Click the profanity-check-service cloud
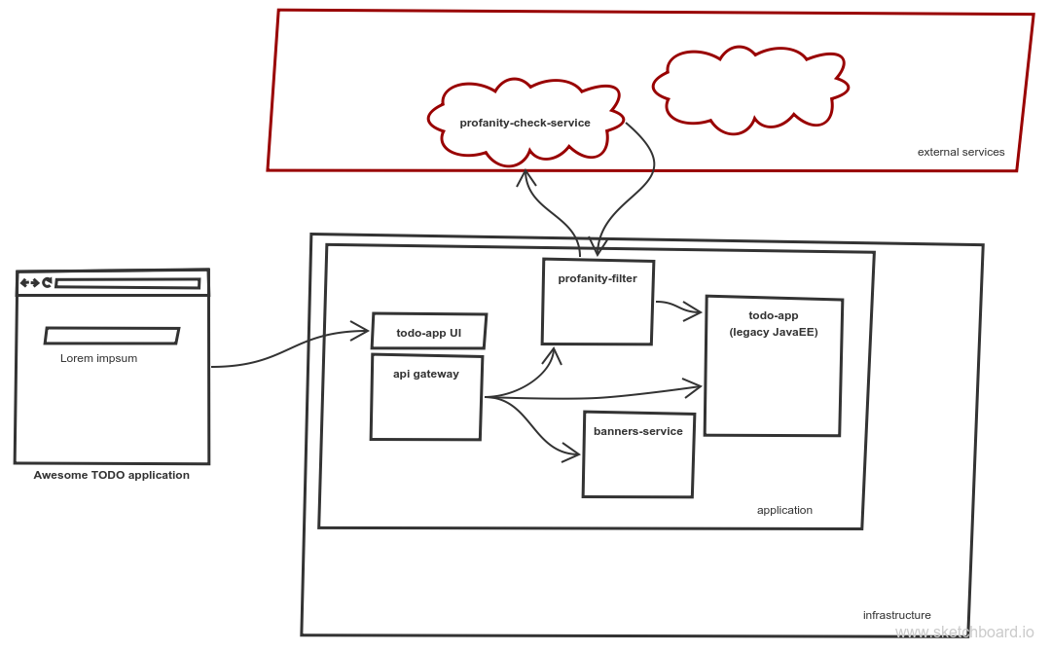(525, 123)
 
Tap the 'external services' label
(960, 152)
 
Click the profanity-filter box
(598, 302)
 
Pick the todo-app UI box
(428, 332)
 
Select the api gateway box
(425, 397)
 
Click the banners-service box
(638, 454)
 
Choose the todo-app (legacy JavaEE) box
(773, 365)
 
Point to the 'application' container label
(784, 510)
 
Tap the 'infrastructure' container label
(896, 615)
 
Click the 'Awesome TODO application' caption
(112, 476)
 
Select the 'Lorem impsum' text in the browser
(98, 358)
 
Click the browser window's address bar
(127, 284)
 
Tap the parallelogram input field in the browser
(112, 336)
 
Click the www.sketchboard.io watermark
(964, 633)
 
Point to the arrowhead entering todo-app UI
(362, 332)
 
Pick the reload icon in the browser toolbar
(46, 283)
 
